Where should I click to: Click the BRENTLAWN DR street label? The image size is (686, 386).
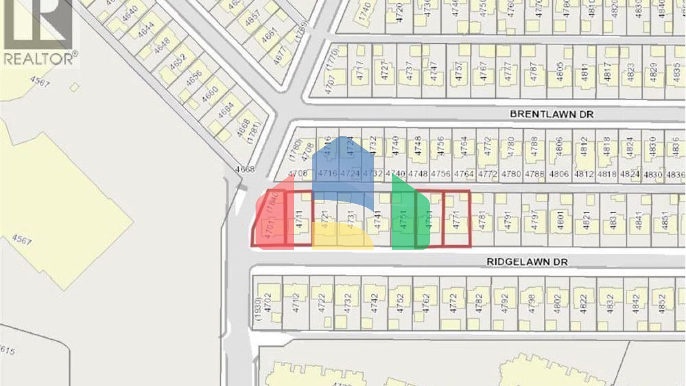point(552,114)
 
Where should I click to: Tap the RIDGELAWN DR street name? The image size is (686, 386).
point(527,262)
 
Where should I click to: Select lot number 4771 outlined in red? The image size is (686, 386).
point(456,220)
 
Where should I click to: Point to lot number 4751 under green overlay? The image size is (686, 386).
point(403,220)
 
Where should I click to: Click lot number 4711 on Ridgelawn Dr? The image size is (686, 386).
point(299,220)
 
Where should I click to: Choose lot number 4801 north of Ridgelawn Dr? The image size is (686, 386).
point(561,220)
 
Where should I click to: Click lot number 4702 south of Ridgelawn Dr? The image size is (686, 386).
point(268,302)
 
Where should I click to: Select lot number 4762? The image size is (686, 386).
point(426,302)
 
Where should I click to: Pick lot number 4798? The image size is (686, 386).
point(531,302)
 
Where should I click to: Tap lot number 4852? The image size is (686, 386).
point(662,302)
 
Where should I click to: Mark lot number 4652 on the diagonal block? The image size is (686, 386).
point(178,62)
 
